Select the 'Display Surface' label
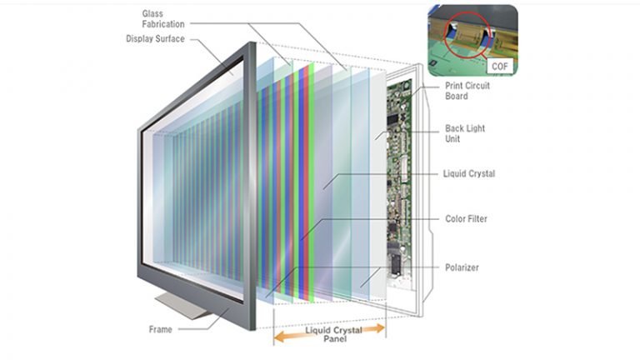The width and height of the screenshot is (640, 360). click(x=155, y=38)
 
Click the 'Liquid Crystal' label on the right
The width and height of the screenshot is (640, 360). click(x=470, y=174)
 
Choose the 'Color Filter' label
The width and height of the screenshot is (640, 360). click(x=466, y=219)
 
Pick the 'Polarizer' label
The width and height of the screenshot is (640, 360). click(x=461, y=267)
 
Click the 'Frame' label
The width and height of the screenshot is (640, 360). click(x=161, y=329)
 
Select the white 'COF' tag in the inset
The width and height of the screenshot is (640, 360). click(x=499, y=64)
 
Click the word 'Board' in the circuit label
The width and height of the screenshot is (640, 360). click(x=457, y=96)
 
